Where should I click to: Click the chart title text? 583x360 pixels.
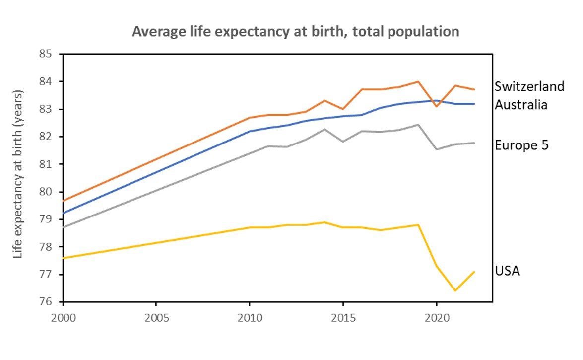pyautogui.click(x=295, y=32)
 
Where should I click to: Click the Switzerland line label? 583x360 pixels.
pyautogui.click(x=529, y=86)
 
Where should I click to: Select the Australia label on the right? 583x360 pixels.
pyautogui.click(x=521, y=105)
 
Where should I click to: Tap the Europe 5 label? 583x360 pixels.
pyautogui.click(x=521, y=145)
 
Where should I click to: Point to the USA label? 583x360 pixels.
pyautogui.click(x=508, y=271)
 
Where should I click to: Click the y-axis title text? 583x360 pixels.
pyautogui.click(x=19, y=174)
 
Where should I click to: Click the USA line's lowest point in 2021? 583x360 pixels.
pyautogui.click(x=455, y=290)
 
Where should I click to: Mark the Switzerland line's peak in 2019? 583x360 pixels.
pyautogui.click(x=418, y=81)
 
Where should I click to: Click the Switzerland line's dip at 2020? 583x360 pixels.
pyautogui.click(x=437, y=106)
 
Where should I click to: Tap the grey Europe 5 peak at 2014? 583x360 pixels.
pyautogui.click(x=324, y=129)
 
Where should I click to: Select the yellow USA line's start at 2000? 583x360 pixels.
pyautogui.click(x=64, y=258)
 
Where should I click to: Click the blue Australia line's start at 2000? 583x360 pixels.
pyautogui.click(x=64, y=213)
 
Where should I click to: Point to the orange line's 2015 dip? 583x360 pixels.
pyautogui.click(x=343, y=109)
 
